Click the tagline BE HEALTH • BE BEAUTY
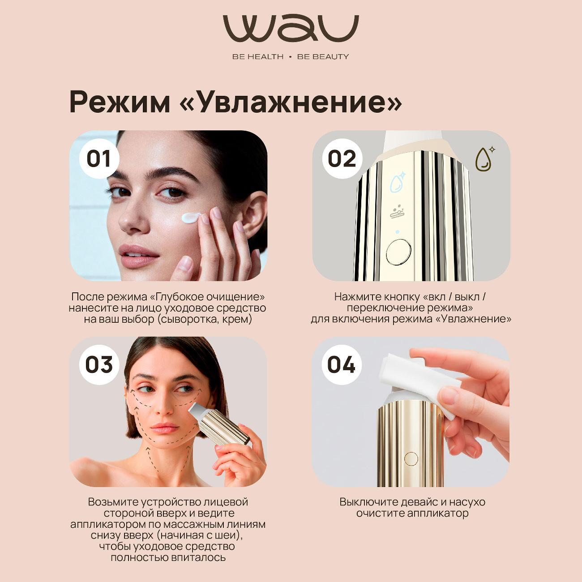click(x=291, y=57)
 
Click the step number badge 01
click(x=99, y=159)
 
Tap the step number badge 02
click(x=342, y=159)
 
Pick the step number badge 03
click(x=99, y=365)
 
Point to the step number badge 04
click(x=342, y=365)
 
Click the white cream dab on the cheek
click(x=192, y=218)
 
